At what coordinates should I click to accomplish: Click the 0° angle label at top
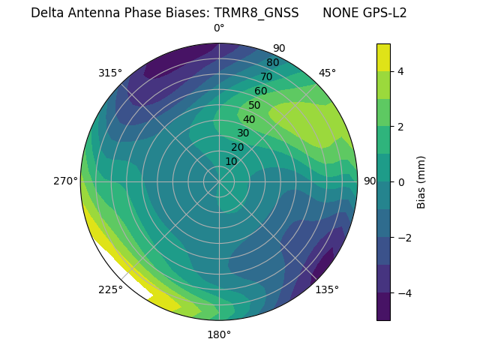219,28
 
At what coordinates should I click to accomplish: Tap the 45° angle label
327,73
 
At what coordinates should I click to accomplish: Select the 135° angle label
327,289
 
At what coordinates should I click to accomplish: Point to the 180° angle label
219,334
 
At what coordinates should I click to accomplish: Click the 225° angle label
110,289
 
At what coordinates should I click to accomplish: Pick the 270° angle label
65,181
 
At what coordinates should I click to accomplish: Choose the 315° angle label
110,73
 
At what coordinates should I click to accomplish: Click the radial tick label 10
231,161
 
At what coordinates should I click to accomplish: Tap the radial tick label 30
243,133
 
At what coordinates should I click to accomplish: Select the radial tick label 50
254,106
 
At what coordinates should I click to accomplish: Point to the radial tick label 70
266,76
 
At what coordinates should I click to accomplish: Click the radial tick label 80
272,63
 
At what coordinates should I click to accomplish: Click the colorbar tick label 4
401,71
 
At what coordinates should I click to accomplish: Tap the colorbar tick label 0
401,181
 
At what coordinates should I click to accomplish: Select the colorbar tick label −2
404,237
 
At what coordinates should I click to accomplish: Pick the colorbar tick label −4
404,292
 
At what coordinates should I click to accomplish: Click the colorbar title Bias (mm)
421,181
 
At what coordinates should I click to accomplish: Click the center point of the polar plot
219,181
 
